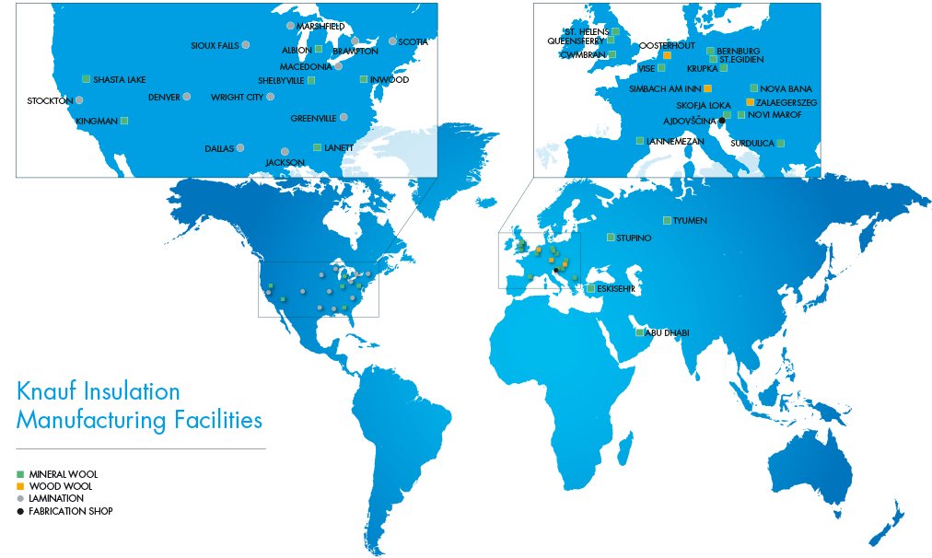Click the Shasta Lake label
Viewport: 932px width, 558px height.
119,80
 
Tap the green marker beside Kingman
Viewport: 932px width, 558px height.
124,121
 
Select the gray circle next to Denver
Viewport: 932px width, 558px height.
187,97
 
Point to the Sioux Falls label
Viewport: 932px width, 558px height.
215,45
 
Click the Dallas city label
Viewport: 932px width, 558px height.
219,148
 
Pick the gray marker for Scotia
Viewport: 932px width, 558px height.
392,41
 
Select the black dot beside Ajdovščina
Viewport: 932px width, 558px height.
722,121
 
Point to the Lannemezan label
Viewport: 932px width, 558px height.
675,141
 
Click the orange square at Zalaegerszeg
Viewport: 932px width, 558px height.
751,101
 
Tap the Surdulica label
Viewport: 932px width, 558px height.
752,144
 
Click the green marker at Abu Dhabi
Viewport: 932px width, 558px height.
639,332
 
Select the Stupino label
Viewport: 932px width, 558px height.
635,238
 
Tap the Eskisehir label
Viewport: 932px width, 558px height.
616,289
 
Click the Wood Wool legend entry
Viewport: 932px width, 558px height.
61,485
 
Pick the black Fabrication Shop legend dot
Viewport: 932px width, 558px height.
20,510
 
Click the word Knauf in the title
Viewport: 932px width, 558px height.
46,391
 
